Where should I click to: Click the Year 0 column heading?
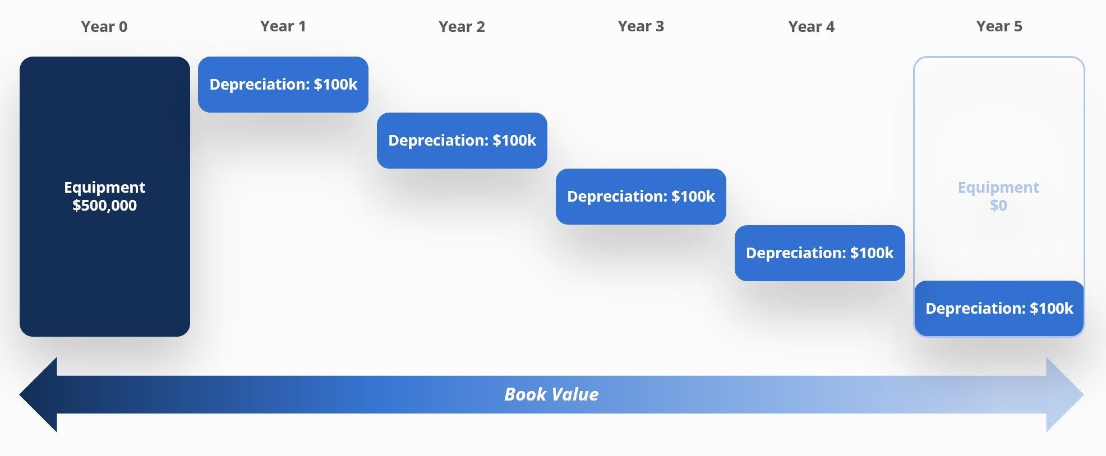[x=104, y=27]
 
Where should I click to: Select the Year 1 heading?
[x=283, y=26]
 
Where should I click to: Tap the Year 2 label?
[x=462, y=27]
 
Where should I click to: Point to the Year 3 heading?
[x=640, y=26]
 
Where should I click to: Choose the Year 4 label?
[x=811, y=27]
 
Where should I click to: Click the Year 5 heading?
[x=999, y=26]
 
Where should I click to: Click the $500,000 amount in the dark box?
[x=104, y=206]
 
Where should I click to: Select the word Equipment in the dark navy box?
[x=104, y=187]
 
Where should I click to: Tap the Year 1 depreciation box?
[x=283, y=85]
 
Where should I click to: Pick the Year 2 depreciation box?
[x=462, y=141]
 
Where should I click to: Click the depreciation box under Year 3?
[x=640, y=197]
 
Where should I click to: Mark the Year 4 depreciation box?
[x=819, y=253]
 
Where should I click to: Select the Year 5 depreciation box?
[x=999, y=309]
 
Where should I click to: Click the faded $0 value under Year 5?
[x=998, y=206]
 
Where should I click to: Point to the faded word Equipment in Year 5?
[x=998, y=187]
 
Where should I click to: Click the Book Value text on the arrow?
[x=551, y=394]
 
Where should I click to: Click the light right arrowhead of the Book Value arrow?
[x=1063, y=394]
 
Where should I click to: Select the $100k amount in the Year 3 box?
[x=693, y=197]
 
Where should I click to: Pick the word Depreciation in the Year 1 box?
[x=259, y=85]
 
